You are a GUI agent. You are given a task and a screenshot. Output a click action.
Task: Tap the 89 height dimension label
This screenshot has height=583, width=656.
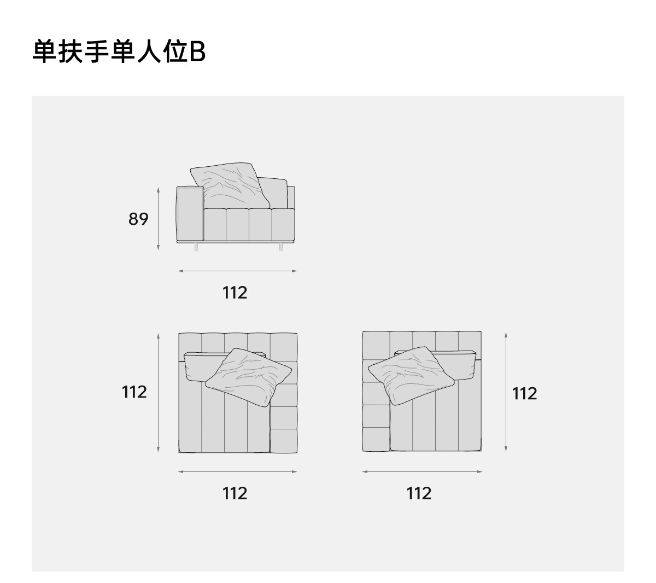[x=138, y=219]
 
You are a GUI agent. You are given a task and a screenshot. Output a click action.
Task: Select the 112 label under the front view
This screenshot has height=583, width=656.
[x=235, y=293]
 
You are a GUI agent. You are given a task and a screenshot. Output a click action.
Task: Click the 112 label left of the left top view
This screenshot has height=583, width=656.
[x=134, y=392]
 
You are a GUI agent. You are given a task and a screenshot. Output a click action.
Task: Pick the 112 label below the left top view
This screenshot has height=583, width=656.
[x=235, y=493]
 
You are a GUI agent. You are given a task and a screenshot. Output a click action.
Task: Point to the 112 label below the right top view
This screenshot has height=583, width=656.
[x=419, y=493]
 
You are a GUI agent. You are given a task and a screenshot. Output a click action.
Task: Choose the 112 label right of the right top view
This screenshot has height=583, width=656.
[x=525, y=393]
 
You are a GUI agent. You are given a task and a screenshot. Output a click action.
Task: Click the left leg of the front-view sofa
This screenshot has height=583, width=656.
[x=196, y=247]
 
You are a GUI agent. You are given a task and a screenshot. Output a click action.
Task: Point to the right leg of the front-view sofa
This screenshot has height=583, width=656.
[x=281, y=247]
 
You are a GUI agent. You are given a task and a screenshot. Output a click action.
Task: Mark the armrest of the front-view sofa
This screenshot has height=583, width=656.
[x=190, y=213]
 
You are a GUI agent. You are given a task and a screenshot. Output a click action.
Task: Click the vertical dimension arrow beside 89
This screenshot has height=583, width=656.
[x=159, y=219]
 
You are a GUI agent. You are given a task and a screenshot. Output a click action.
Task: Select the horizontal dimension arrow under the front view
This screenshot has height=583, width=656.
[x=237, y=271]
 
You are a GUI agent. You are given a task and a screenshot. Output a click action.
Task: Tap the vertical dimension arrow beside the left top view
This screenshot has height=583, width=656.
[x=159, y=393]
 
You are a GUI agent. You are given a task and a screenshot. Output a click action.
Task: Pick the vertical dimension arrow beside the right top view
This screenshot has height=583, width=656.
[x=506, y=392]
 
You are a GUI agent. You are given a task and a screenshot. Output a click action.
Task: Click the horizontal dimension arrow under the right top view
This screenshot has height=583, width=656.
[x=422, y=471]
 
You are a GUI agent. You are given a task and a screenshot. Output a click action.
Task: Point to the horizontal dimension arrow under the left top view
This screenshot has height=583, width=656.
[x=237, y=471]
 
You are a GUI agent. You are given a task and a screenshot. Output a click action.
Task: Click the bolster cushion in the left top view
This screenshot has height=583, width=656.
[x=196, y=365]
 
